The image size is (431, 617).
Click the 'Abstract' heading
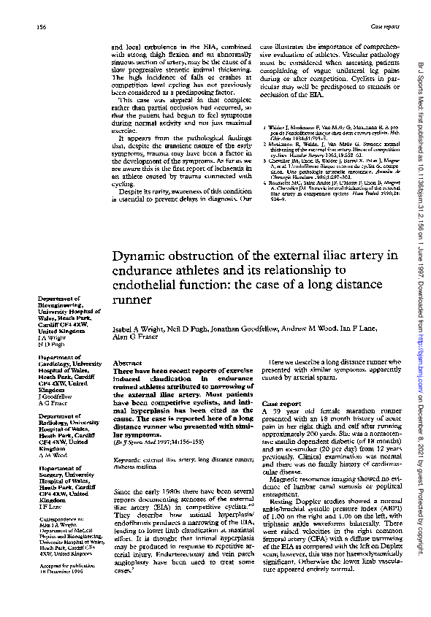tap(128, 363)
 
